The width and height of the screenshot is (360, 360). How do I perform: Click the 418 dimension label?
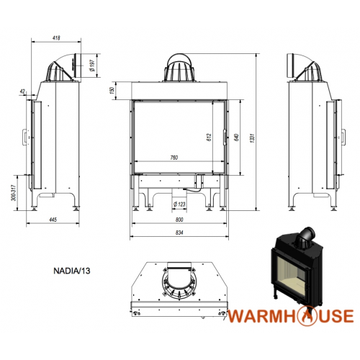(x=56, y=38)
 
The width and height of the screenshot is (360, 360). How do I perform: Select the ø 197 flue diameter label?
(x=92, y=66)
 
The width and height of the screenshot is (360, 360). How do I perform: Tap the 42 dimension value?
(x=22, y=91)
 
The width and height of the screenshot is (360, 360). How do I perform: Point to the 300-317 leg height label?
(x=14, y=193)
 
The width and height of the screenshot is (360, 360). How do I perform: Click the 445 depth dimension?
(x=53, y=220)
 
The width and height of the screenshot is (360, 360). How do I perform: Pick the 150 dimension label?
(x=112, y=91)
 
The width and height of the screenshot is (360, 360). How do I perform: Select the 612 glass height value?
(x=209, y=138)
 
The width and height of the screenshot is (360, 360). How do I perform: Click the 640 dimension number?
(x=236, y=138)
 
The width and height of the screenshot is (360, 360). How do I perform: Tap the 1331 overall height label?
(x=252, y=138)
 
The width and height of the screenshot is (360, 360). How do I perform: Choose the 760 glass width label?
(x=174, y=158)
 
